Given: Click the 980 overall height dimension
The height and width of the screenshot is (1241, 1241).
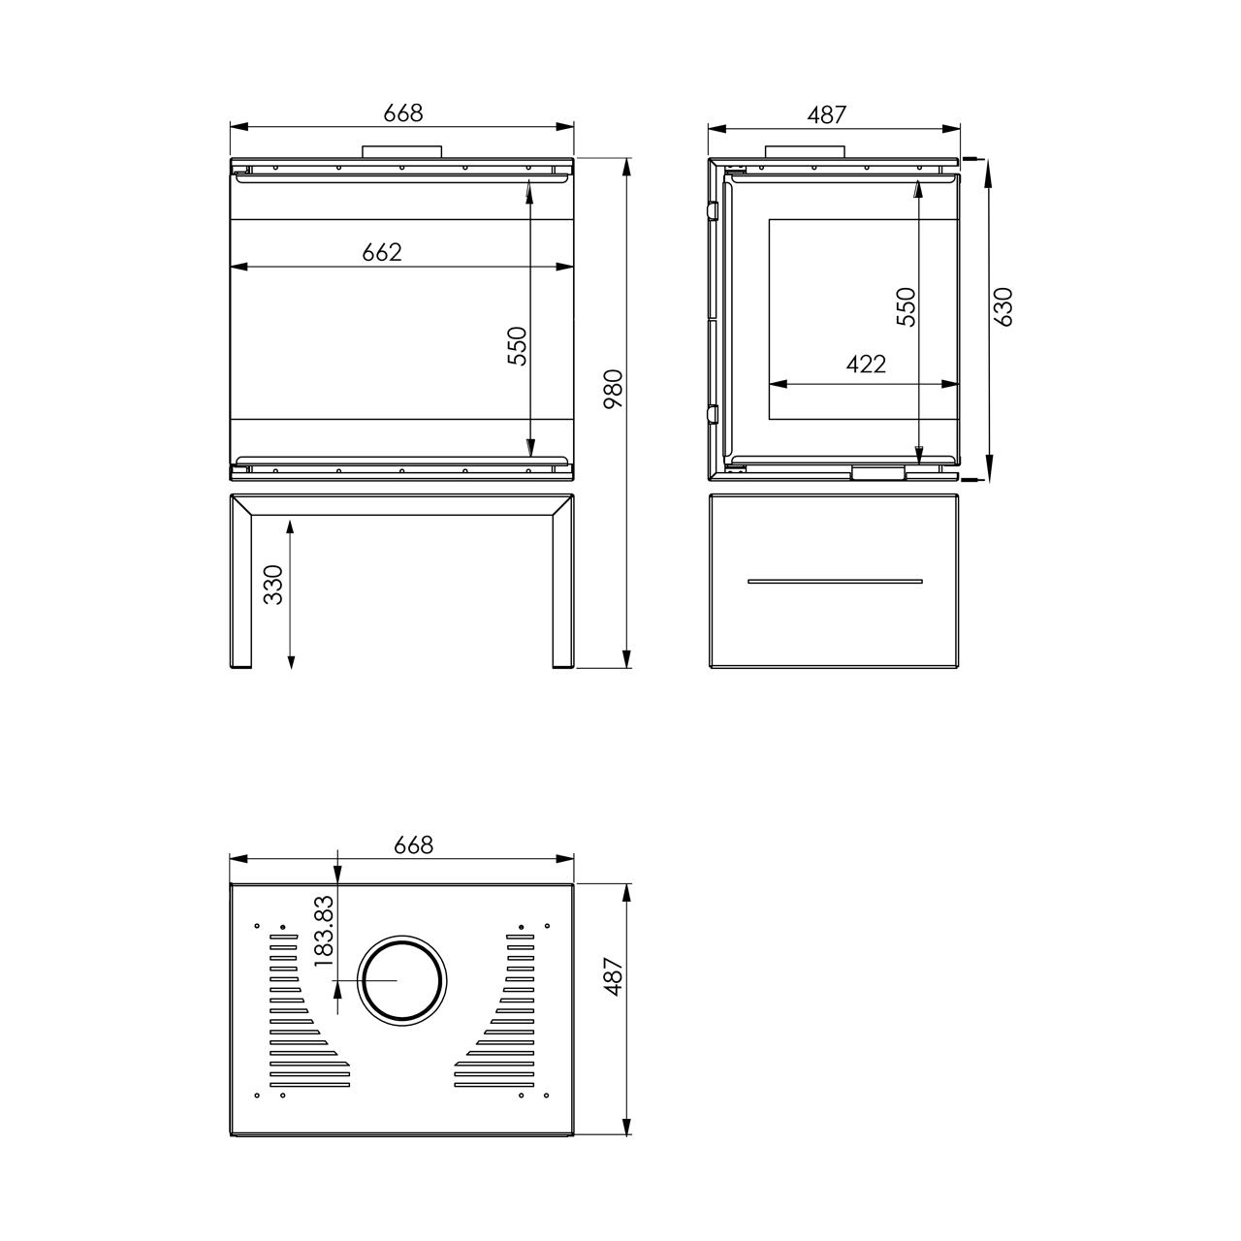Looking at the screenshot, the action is tap(614, 389).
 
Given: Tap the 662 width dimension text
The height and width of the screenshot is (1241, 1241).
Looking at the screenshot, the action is tap(382, 252).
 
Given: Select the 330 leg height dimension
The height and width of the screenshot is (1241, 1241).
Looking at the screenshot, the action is tap(273, 584).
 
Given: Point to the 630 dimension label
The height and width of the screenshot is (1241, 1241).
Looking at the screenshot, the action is tap(1003, 306).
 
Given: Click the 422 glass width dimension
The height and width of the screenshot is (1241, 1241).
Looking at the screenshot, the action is tap(866, 365).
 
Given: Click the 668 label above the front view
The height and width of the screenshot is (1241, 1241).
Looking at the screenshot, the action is tap(403, 112).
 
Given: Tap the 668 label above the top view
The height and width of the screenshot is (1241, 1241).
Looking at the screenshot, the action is tap(413, 844).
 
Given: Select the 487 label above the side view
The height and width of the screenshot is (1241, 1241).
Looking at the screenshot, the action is tap(826, 114).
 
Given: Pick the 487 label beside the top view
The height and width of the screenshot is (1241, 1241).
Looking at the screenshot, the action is tap(614, 977).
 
